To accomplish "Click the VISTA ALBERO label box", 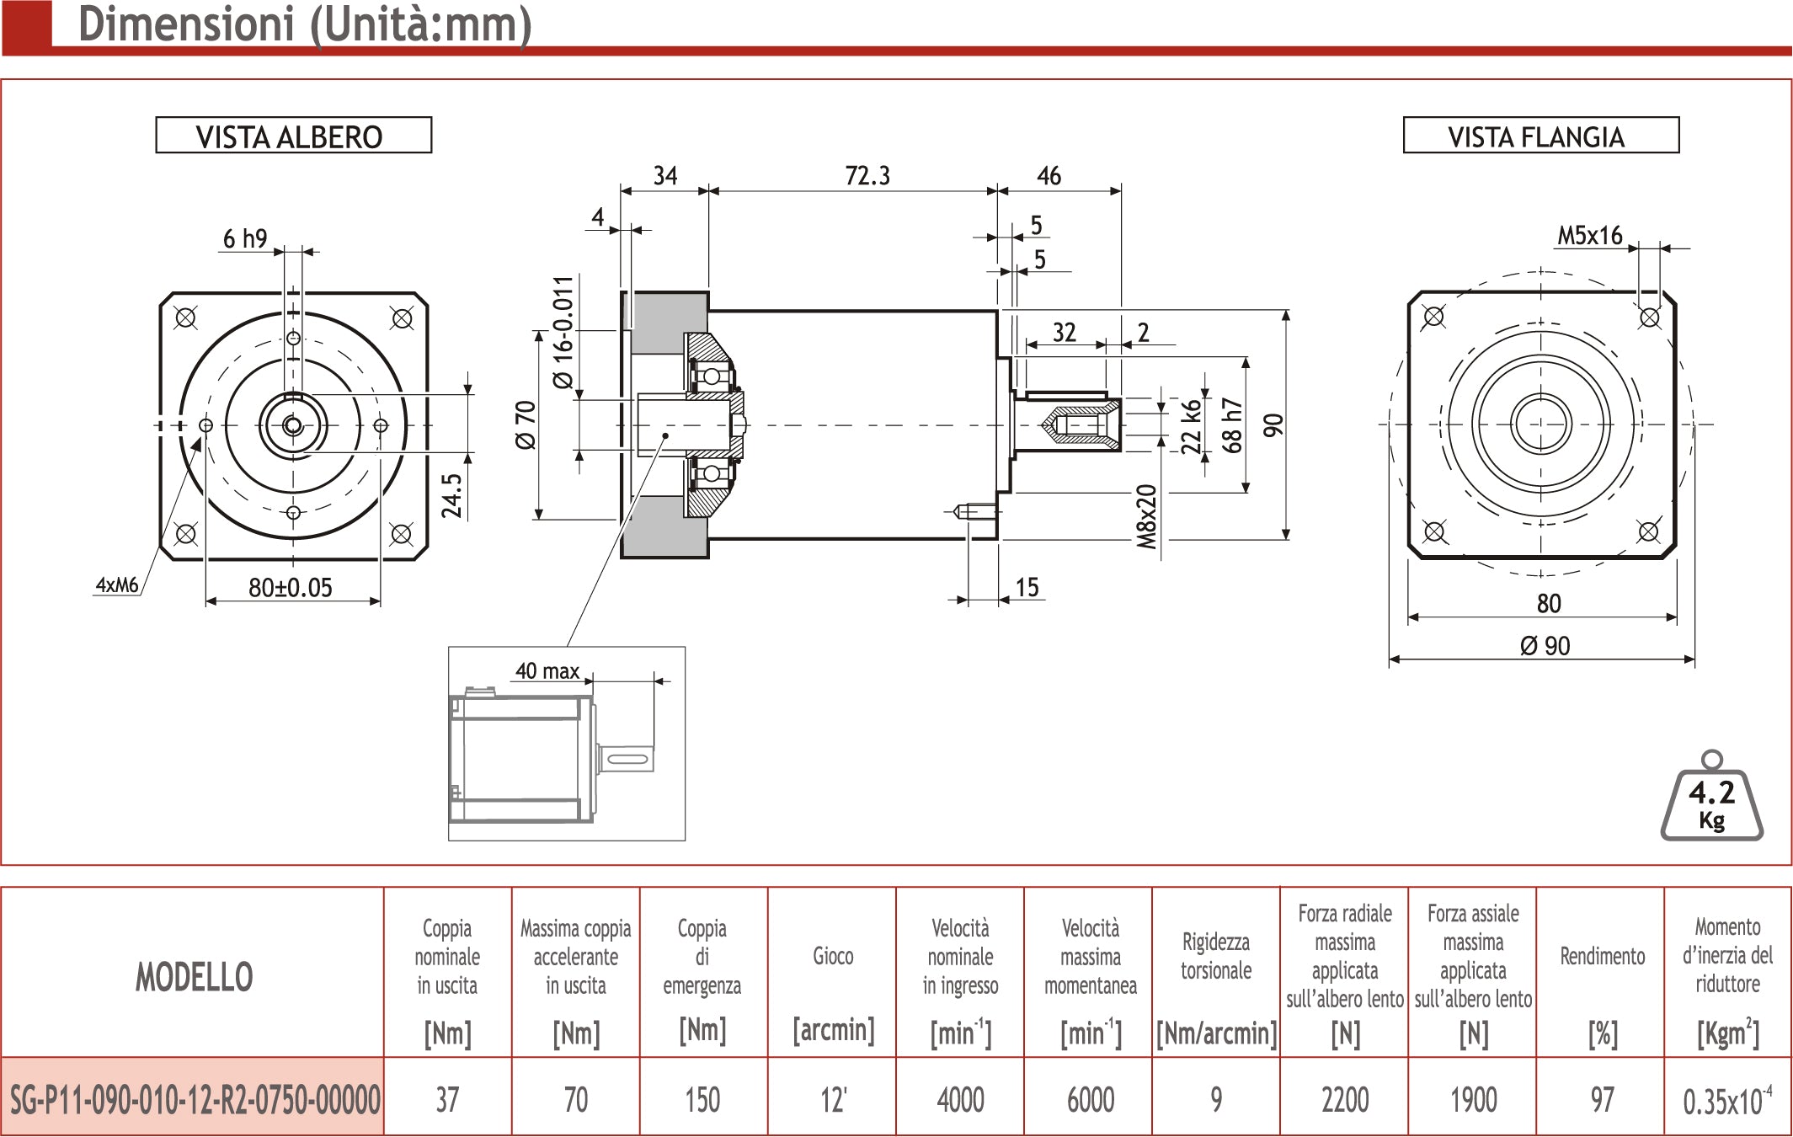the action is coord(293,136).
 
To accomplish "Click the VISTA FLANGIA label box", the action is coord(1540,136).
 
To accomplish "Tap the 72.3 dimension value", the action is coord(867,175).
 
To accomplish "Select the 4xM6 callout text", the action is coord(117,585).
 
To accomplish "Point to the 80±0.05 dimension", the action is coord(291,587).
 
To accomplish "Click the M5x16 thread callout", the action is coord(1589,236).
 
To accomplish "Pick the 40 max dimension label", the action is coord(547,670).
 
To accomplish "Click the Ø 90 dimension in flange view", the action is coord(1545,646).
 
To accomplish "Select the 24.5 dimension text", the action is coord(451,495).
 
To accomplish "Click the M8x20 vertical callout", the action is coord(1146,517).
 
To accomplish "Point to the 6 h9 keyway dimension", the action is coord(244,239).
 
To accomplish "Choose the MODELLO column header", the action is coord(194,977).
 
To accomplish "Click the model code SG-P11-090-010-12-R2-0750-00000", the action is coord(195,1100).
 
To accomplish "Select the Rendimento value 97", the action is coord(1602,1100).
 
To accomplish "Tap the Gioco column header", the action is coord(833,956).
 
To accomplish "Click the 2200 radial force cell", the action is coord(1345,1100).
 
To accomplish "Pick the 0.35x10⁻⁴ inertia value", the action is coord(1727,1100).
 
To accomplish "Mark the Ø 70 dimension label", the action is coord(525,425).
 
